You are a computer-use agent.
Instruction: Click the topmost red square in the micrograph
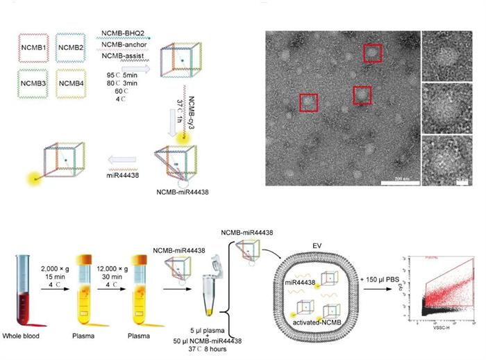tap(373, 52)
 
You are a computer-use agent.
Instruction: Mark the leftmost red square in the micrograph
tap(308, 102)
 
